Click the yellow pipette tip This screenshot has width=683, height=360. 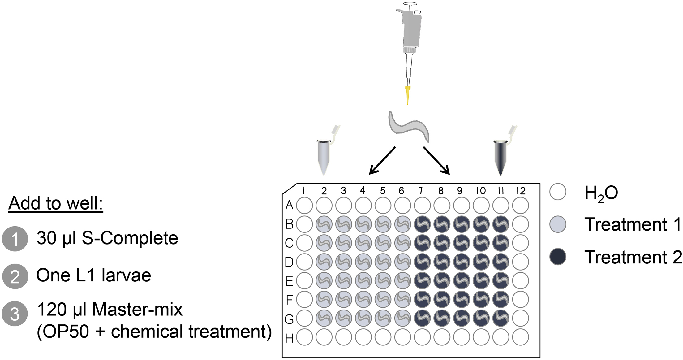click(x=408, y=94)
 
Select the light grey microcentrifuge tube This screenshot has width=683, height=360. click(x=324, y=157)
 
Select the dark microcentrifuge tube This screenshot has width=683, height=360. click(x=500, y=157)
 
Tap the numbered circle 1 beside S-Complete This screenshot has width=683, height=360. click(x=15, y=239)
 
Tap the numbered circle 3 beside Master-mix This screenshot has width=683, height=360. click(x=15, y=314)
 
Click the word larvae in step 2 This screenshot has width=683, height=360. click(x=126, y=275)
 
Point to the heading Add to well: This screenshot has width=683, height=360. click(x=56, y=203)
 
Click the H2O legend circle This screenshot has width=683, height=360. click(x=558, y=192)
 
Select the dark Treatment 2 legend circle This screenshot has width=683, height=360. click(x=558, y=257)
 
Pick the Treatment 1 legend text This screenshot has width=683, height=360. click(x=632, y=224)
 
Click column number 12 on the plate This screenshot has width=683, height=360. click(x=521, y=191)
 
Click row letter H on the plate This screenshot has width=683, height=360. click(x=289, y=339)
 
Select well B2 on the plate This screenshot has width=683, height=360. click(x=324, y=224)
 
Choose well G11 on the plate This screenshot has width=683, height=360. click(x=500, y=318)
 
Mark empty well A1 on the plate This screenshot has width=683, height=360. click(x=304, y=206)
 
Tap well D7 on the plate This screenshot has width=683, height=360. click(x=422, y=262)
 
